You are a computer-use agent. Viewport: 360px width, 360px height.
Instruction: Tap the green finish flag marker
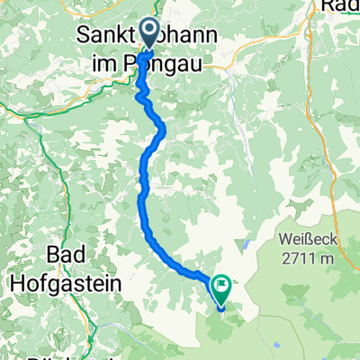(220, 288)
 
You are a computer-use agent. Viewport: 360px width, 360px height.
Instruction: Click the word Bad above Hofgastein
(66, 258)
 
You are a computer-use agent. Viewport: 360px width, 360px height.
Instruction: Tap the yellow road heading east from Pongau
(225, 63)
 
